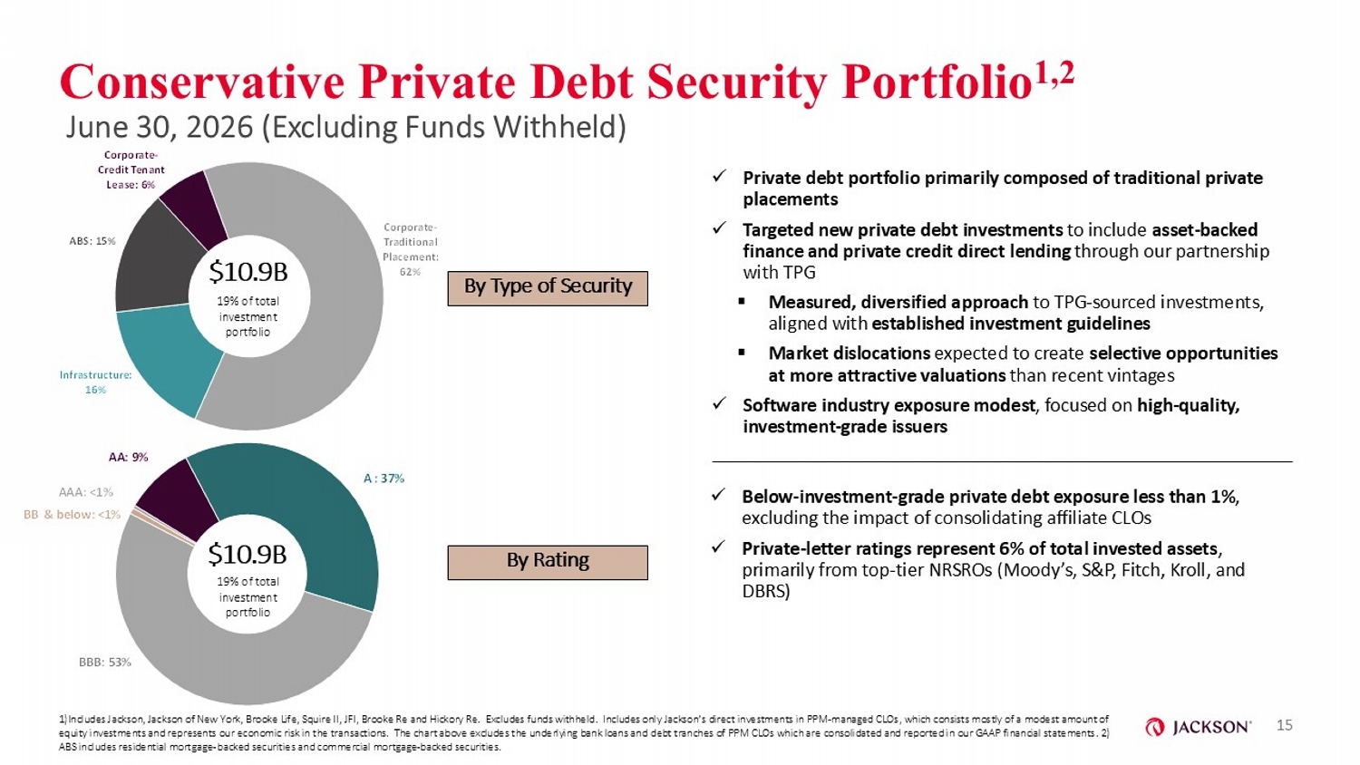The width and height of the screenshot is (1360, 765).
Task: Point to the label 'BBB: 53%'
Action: click(x=105, y=662)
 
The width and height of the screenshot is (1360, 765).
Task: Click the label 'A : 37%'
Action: click(x=384, y=479)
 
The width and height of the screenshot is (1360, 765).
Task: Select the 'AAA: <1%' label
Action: click(x=85, y=492)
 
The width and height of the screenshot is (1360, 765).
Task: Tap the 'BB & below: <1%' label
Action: click(x=72, y=515)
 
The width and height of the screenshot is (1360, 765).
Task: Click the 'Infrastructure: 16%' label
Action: click(x=96, y=382)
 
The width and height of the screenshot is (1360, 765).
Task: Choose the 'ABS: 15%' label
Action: click(x=92, y=241)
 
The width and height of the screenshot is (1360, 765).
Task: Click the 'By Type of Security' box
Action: click(x=548, y=288)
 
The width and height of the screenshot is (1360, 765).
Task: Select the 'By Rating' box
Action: click(x=548, y=563)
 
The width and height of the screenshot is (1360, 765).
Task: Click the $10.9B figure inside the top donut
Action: click(x=248, y=273)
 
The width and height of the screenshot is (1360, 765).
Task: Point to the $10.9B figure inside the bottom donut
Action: click(x=248, y=554)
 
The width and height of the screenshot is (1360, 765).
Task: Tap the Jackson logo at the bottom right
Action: click(x=1198, y=727)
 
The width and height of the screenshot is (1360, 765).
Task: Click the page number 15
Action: click(x=1285, y=725)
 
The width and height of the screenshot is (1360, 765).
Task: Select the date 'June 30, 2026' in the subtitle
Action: click(x=159, y=128)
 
